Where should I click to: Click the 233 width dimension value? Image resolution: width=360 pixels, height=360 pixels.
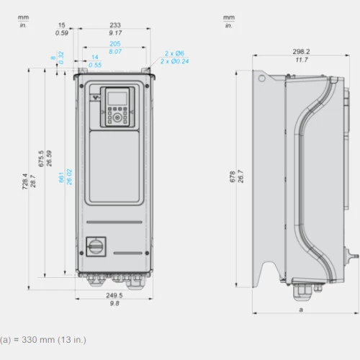click(115, 25)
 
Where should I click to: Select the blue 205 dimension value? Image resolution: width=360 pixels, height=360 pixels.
click(115, 44)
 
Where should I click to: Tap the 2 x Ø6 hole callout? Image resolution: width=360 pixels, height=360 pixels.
click(174, 53)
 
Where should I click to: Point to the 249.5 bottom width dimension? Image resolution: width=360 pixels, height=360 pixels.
click(114, 295)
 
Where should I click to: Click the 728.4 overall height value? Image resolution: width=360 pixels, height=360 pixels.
click(24, 181)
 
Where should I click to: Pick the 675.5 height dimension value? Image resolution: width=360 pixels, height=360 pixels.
click(41, 158)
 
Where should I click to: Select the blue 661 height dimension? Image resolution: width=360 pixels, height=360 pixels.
click(61, 177)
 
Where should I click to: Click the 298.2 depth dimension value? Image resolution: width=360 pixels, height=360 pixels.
click(301, 51)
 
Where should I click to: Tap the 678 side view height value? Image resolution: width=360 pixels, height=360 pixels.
click(233, 176)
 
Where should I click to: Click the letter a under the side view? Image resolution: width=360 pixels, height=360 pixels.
click(301, 310)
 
